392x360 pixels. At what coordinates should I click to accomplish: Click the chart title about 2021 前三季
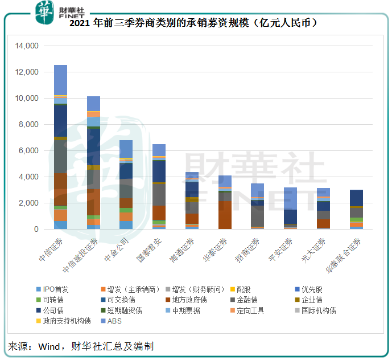(x=196, y=23)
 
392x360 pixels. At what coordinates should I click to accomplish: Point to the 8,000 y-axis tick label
(x=28, y=124)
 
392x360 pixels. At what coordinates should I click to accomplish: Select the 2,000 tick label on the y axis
(x=28, y=203)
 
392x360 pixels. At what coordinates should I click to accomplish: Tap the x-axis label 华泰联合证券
(x=344, y=253)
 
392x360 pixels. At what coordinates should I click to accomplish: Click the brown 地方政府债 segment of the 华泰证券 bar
(x=225, y=215)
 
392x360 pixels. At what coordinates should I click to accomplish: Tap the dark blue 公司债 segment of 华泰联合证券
(x=356, y=198)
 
